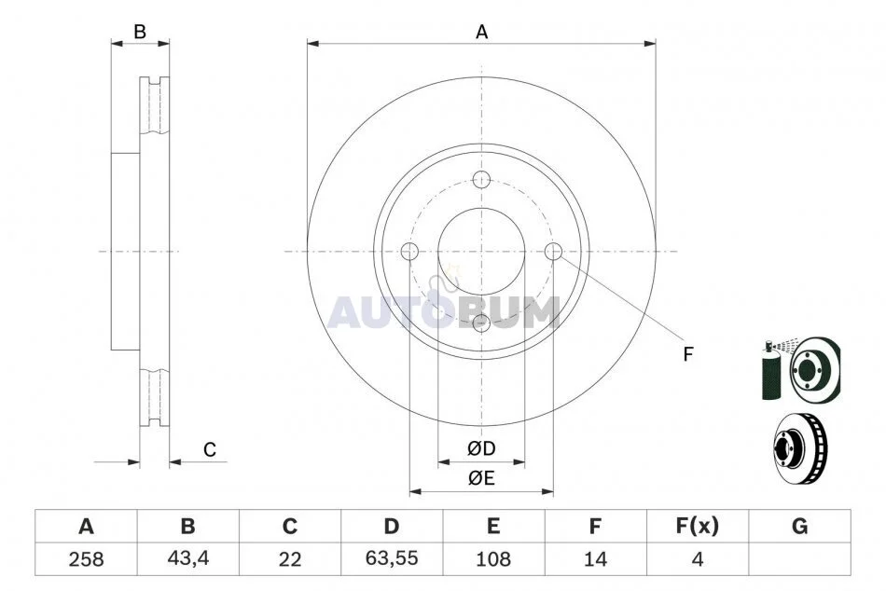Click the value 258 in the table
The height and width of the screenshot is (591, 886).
click(x=86, y=559)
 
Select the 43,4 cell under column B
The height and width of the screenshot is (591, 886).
click(x=188, y=558)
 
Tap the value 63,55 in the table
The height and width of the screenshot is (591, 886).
click(x=392, y=558)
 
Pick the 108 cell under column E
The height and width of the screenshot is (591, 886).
click(x=493, y=559)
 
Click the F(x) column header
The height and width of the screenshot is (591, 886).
click(x=698, y=527)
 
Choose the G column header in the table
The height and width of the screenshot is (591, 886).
click(x=799, y=527)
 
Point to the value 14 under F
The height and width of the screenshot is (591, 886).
click(x=595, y=559)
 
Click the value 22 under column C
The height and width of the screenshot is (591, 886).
click(x=290, y=559)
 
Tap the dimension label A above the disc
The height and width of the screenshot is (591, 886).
click(x=481, y=33)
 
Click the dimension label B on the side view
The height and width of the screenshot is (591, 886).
click(x=140, y=32)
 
